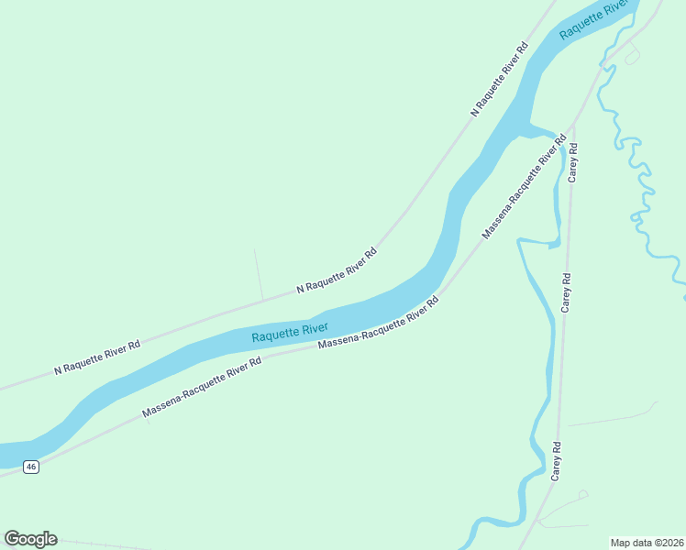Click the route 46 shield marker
(x=31, y=467)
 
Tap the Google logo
(x=30, y=539)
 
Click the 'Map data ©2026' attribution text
(x=647, y=542)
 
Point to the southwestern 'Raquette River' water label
(x=290, y=332)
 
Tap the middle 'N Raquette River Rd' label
(x=337, y=270)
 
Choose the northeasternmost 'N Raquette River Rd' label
(x=501, y=79)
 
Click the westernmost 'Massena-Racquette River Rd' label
(x=202, y=389)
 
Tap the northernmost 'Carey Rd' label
(x=572, y=163)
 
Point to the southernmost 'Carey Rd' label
(x=556, y=461)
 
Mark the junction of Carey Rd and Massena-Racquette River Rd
(x=574, y=124)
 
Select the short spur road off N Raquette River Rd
(x=259, y=273)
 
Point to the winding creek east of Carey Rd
(x=642, y=192)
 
